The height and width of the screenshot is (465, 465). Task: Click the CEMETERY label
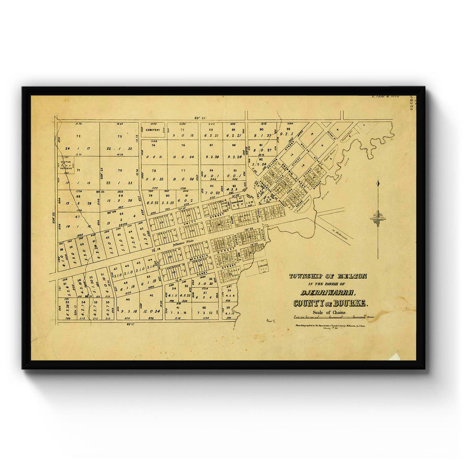click(x=153, y=130)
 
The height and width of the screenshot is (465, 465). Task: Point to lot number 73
click(x=119, y=136)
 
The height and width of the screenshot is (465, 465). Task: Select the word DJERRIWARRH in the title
click(x=327, y=293)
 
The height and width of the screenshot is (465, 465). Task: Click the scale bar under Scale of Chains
click(x=329, y=317)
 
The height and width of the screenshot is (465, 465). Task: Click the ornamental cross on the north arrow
click(x=378, y=219)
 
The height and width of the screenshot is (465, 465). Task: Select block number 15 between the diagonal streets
click(x=292, y=155)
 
